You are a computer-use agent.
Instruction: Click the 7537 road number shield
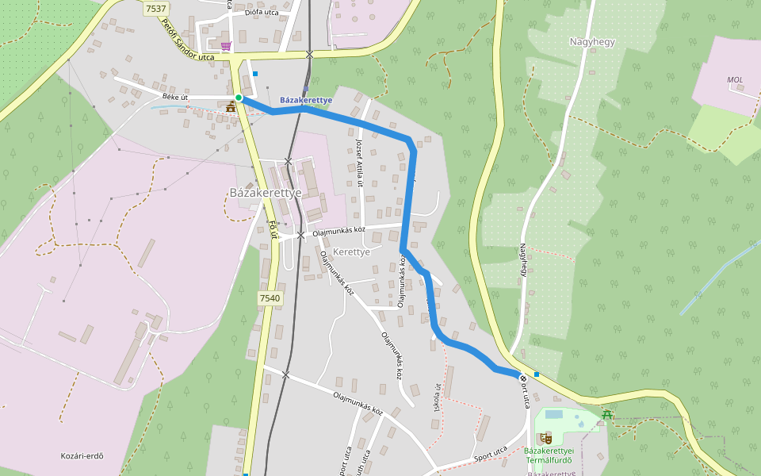pos(156,9)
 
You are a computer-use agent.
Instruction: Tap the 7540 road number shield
pos(270,298)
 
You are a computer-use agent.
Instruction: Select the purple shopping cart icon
pos(227,46)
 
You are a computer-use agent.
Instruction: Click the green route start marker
pos(238,98)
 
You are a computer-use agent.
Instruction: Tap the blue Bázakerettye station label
pos(306,100)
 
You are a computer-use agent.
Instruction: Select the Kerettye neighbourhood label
pos(352,251)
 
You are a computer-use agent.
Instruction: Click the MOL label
pos(736,80)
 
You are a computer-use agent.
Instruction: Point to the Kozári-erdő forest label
pos(82,455)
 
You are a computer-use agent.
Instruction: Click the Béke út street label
pos(174,97)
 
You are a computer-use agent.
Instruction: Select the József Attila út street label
pos(359,163)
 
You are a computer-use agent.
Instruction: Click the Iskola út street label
pos(437,397)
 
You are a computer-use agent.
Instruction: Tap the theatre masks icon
pos(545,438)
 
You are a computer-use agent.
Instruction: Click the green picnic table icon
pos(607,414)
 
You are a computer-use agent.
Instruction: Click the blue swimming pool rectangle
pos(553,414)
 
